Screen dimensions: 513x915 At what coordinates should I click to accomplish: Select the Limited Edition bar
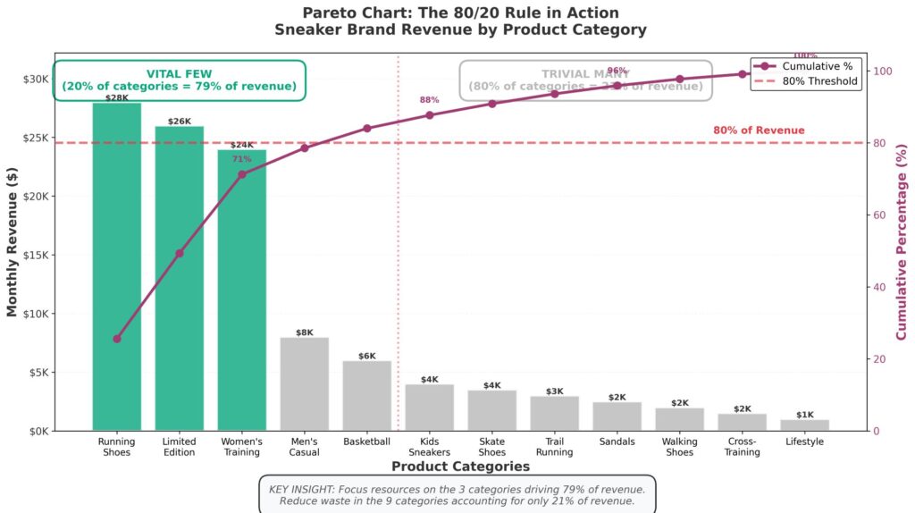(180, 278)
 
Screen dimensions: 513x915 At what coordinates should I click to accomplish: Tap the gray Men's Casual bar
(304, 383)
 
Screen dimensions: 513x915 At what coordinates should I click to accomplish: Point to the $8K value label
(304, 332)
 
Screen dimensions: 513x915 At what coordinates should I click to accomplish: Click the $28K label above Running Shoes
(117, 97)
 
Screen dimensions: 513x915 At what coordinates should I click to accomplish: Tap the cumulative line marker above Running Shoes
(117, 339)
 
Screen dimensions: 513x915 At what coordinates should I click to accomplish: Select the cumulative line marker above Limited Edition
(180, 254)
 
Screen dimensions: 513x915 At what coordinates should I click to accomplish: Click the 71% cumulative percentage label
(241, 159)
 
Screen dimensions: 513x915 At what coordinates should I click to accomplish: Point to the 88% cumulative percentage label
(429, 100)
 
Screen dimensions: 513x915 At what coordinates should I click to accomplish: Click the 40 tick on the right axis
(881, 287)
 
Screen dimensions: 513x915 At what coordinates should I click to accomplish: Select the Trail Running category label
(554, 446)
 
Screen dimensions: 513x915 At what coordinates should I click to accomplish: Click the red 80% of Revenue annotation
(759, 130)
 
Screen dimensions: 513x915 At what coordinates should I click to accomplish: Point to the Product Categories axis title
(460, 467)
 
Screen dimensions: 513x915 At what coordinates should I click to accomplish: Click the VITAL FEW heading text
(179, 73)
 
